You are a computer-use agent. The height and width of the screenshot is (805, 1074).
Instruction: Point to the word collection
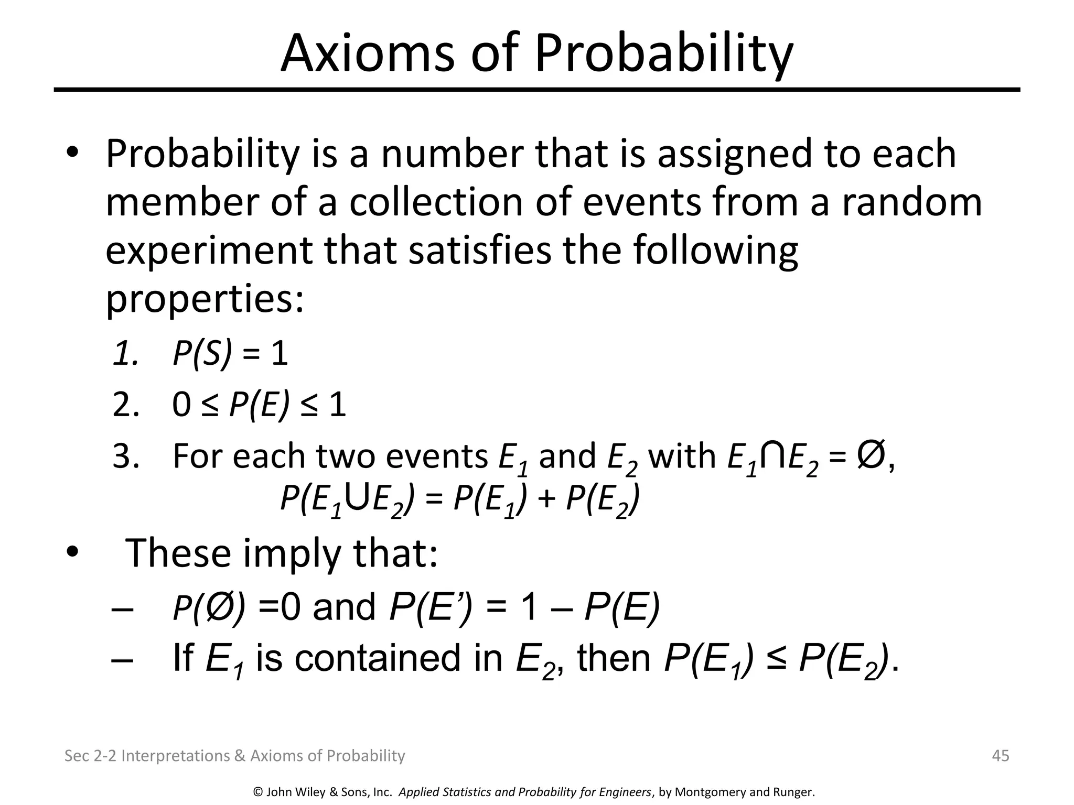(x=436, y=202)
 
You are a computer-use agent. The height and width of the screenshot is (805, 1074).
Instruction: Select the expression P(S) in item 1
(x=202, y=354)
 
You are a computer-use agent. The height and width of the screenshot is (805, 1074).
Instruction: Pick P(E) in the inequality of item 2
(x=260, y=406)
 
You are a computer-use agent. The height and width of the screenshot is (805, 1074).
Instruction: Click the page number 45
(x=1001, y=756)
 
